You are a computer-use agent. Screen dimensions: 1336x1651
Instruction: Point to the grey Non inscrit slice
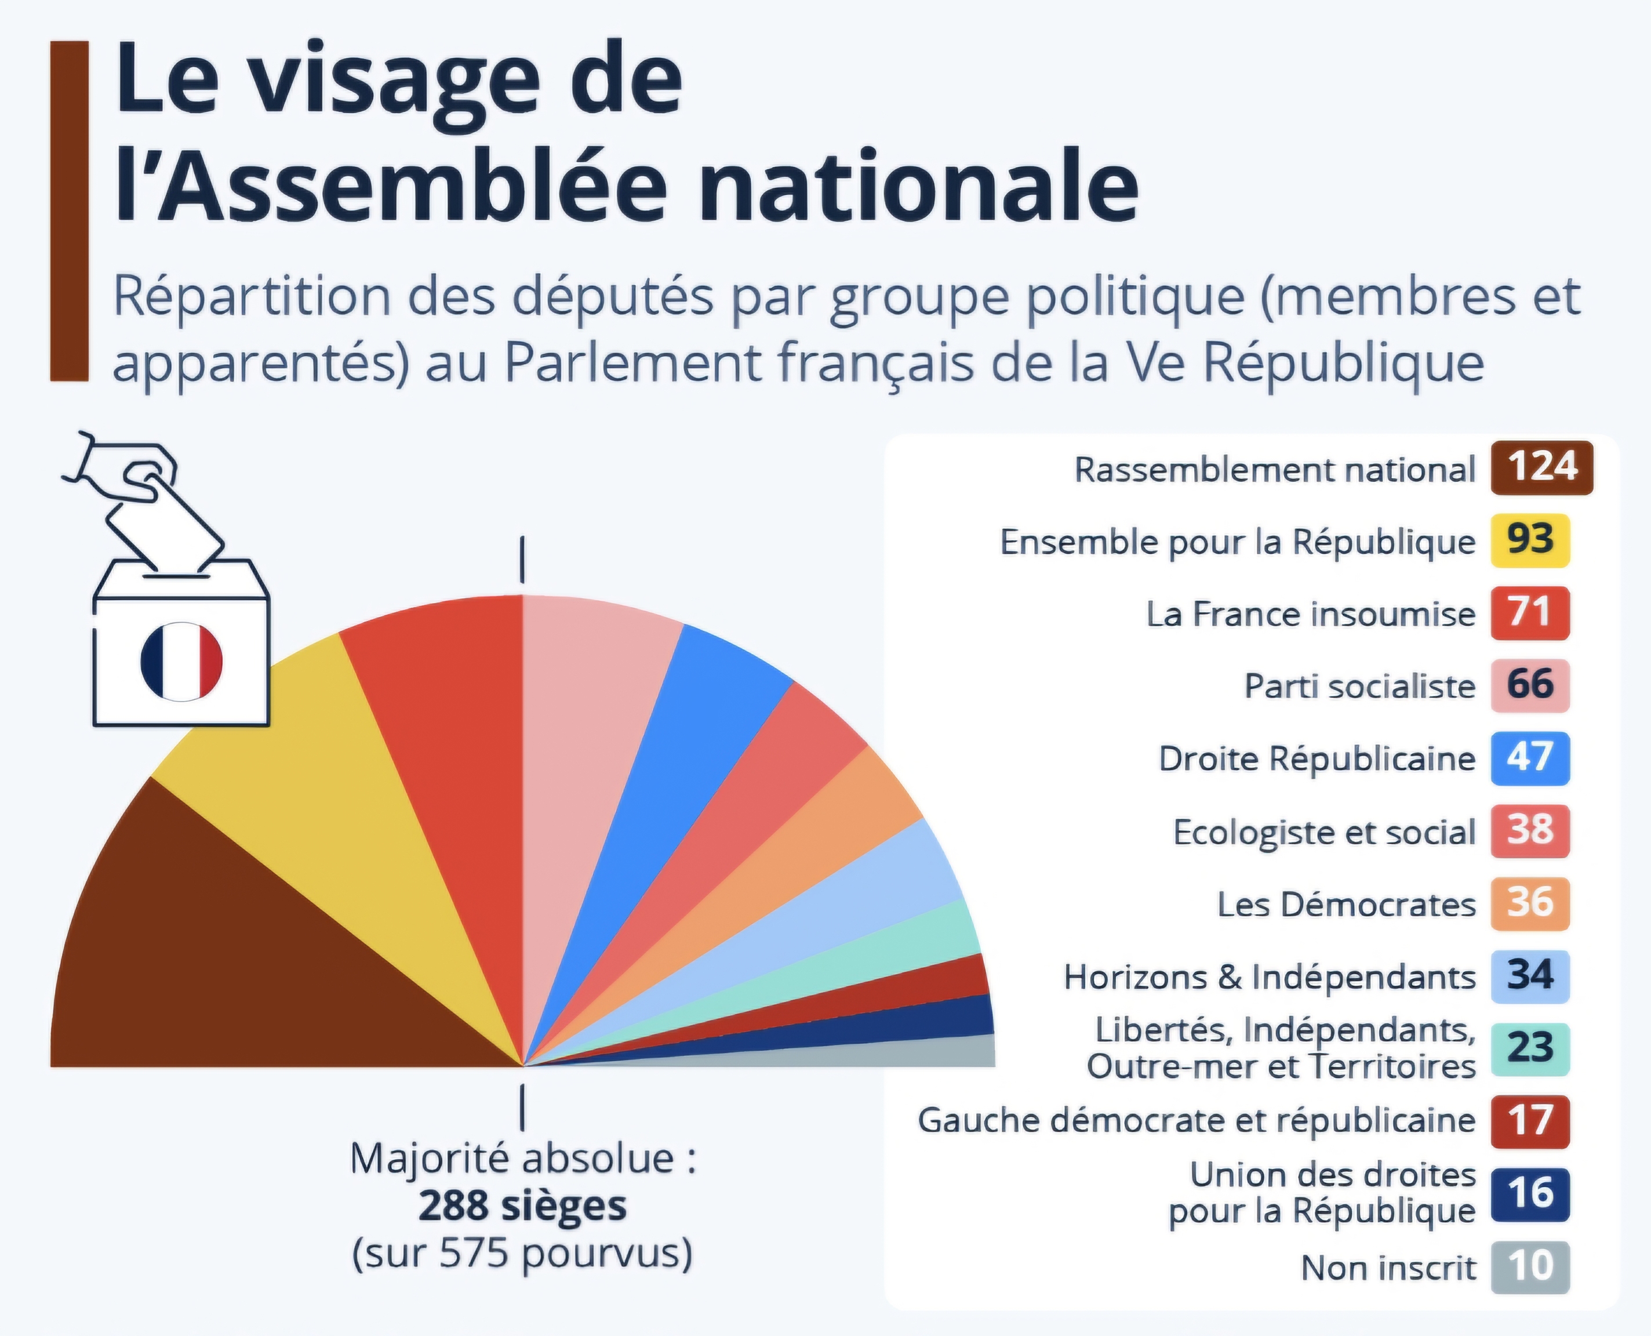(923, 1054)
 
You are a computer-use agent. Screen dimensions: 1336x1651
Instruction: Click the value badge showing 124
(1542, 468)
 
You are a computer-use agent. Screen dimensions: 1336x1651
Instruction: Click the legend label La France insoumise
(1310, 614)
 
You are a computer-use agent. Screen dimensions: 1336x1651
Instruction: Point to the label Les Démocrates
(1346, 904)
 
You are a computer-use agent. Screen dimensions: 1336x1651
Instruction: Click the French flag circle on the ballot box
(181, 662)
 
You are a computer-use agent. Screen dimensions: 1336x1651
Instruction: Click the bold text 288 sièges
(522, 1206)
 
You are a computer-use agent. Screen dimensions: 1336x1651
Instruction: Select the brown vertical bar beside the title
(69, 211)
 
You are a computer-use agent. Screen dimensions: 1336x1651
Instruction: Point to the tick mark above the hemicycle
(522, 560)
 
